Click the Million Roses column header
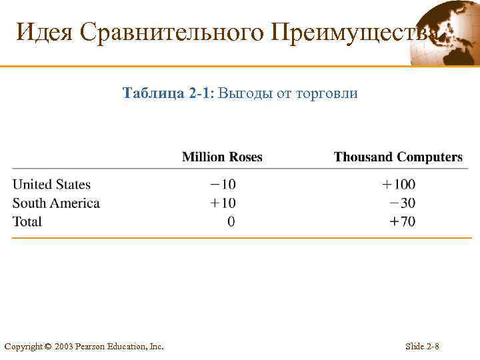(x=222, y=157)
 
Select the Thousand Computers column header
(x=398, y=157)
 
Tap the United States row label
(x=51, y=185)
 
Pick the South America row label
(x=56, y=203)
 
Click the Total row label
(x=27, y=221)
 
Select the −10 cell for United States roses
(x=222, y=185)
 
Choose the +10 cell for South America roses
(x=222, y=203)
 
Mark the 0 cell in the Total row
(x=231, y=221)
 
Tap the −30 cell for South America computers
(x=402, y=203)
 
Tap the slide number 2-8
(x=433, y=347)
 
